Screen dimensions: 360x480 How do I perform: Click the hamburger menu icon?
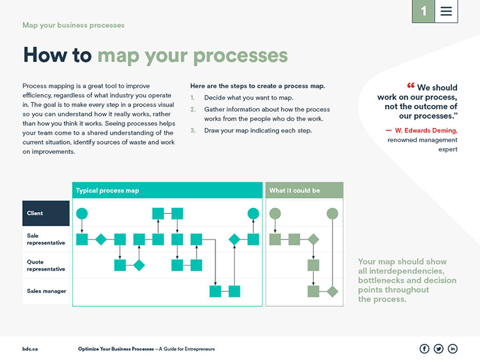click(446, 11)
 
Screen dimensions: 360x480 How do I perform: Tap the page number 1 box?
click(423, 11)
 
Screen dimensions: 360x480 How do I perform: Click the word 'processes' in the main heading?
click(240, 55)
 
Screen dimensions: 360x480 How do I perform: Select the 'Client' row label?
click(46, 213)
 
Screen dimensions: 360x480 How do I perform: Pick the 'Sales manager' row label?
click(46, 291)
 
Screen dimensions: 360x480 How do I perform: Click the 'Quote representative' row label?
click(46, 265)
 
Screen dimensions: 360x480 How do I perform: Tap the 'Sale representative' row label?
click(46, 239)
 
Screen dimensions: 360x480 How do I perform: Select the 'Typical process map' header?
click(108, 190)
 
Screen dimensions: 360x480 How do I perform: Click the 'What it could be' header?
click(295, 190)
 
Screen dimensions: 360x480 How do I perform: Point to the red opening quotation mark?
click(411, 86)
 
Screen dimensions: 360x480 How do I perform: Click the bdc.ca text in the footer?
click(30, 349)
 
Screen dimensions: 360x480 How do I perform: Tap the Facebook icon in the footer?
click(424, 349)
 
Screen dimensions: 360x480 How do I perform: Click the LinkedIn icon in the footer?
click(452, 349)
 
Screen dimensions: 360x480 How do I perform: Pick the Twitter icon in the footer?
click(438, 349)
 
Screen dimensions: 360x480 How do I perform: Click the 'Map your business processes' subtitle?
click(73, 25)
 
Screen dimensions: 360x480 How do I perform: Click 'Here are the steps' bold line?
click(258, 86)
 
